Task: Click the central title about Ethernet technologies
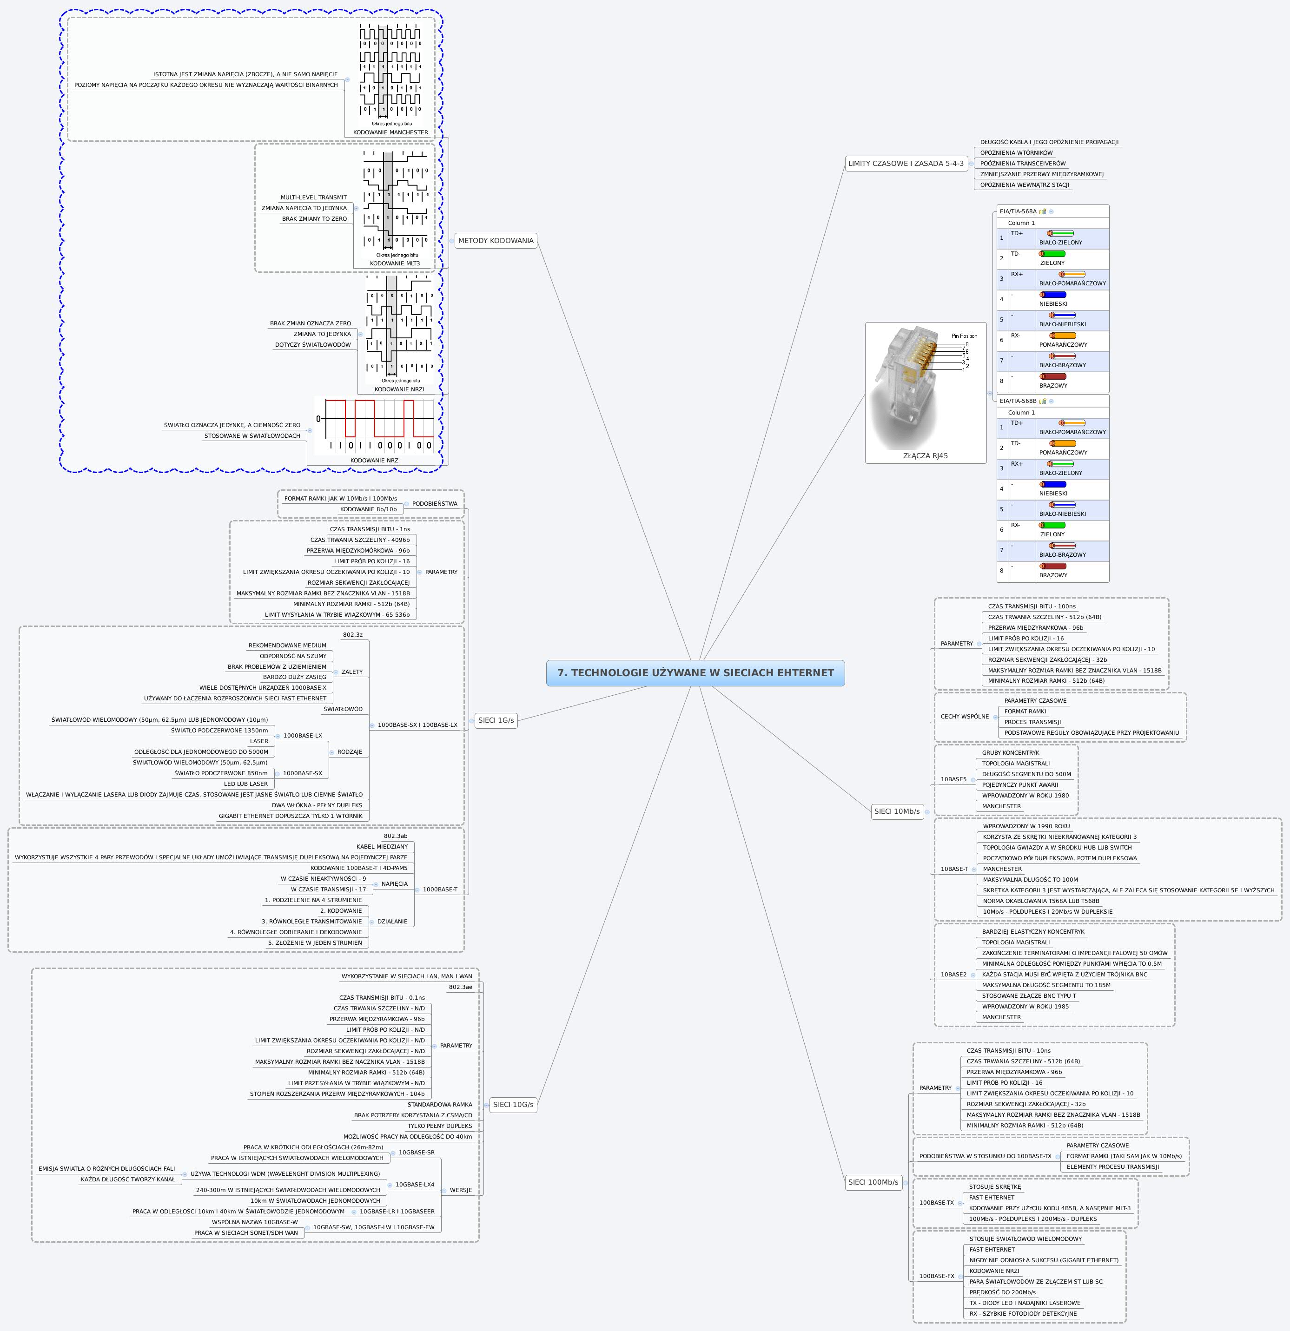pyautogui.click(x=695, y=673)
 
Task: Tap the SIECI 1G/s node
pyautogui.click(x=496, y=720)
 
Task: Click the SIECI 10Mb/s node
pyautogui.click(x=897, y=811)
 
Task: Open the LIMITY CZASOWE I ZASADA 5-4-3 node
pyautogui.click(x=906, y=164)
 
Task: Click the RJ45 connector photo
pyautogui.click(x=925, y=387)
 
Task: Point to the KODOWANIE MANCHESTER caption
pyautogui.click(x=390, y=132)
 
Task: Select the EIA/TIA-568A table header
pyautogui.click(x=1018, y=211)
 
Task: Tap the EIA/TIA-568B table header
pyautogui.click(x=1018, y=401)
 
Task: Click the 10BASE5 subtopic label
pyautogui.click(x=953, y=779)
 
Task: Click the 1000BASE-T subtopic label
pyautogui.click(x=439, y=890)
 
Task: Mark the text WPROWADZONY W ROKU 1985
pyautogui.click(x=1025, y=1007)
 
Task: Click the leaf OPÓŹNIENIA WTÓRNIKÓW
pyautogui.click(x=1016, y=153)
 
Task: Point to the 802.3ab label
pyautogui.click(x=395, y=836)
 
